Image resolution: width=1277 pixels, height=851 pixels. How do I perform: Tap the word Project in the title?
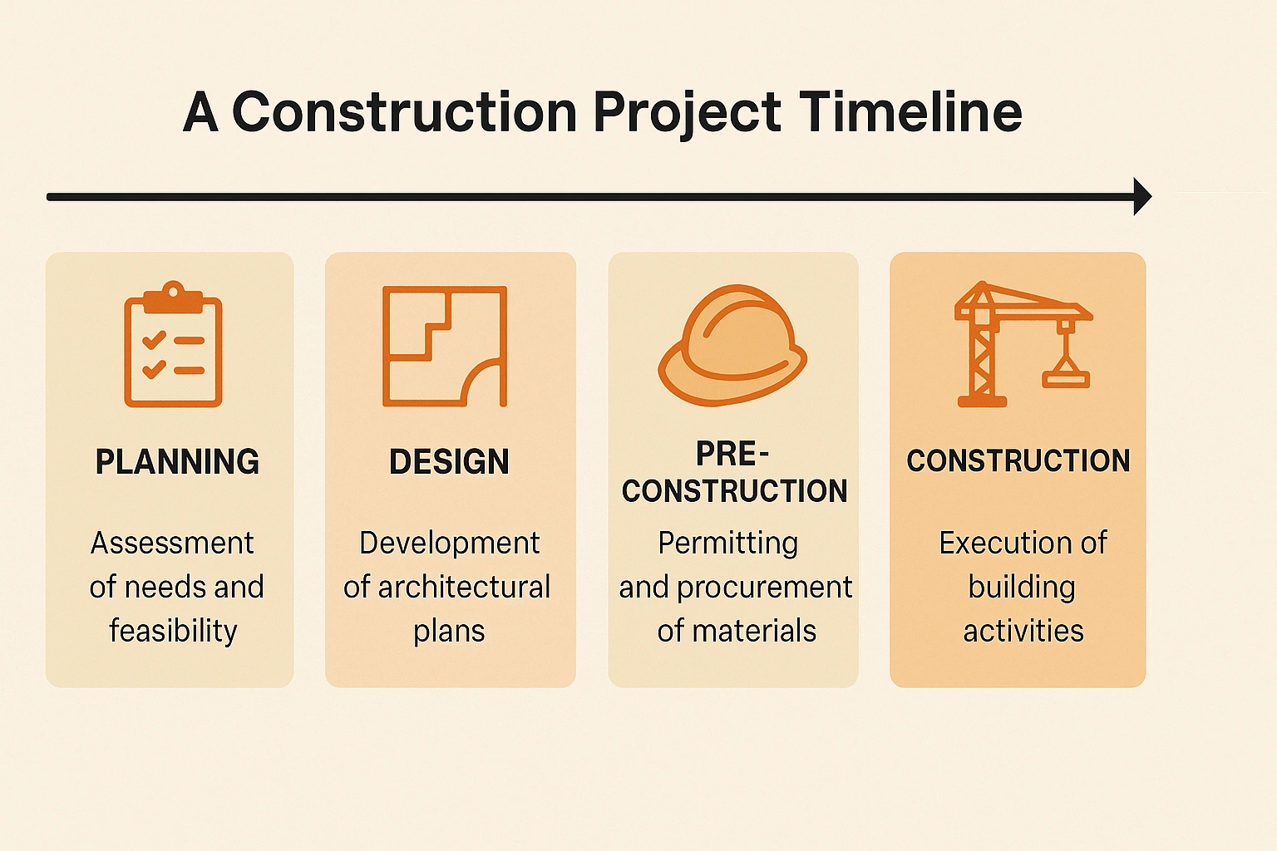[x=687, y=114]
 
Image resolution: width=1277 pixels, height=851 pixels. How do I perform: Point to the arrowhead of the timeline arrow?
[x=1141, y=197]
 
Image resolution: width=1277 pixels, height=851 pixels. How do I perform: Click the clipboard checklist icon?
[x=173, y=344]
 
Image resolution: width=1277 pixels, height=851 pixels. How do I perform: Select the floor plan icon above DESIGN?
[x=445, y=346]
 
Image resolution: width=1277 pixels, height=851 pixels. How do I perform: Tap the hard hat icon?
[x=732, y=345]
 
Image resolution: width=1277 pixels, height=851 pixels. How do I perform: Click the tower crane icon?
[x=1023, y=344]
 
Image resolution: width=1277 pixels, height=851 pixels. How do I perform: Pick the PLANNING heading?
[x=177, y=461]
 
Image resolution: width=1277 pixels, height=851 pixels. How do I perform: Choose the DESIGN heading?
[x=449, y=461]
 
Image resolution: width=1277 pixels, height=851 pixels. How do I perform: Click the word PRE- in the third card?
[x=732, y=455]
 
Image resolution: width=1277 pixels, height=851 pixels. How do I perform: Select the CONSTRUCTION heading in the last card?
[x=1018, y=460]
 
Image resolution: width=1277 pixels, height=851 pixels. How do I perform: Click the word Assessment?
[x=172, y=543]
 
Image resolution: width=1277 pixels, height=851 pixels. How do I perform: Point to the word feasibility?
[x=173, y=631]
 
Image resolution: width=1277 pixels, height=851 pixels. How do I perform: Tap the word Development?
[x=449, y=544]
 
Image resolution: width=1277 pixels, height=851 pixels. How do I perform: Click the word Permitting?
[x=728, y=544]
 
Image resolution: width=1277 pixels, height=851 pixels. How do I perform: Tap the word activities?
[x=1023, y=631]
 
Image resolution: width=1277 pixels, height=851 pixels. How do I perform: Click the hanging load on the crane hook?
[x=1066, y=379]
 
